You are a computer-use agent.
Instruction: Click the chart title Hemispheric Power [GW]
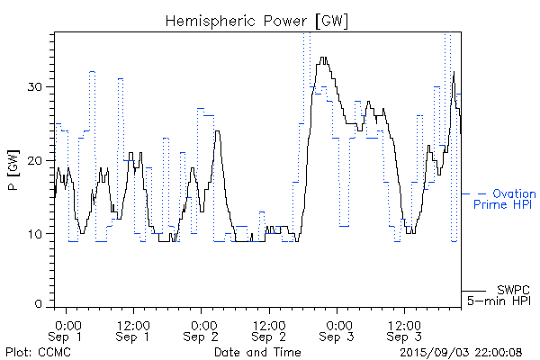257,20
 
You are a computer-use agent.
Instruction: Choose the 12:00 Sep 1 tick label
133,330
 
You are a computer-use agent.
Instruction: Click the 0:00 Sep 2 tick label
202,330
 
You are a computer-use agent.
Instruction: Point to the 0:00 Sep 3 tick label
338,330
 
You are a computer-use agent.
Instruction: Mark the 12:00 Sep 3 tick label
404,330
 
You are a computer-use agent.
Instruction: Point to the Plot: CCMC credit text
38,351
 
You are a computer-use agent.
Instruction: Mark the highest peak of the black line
322,58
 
